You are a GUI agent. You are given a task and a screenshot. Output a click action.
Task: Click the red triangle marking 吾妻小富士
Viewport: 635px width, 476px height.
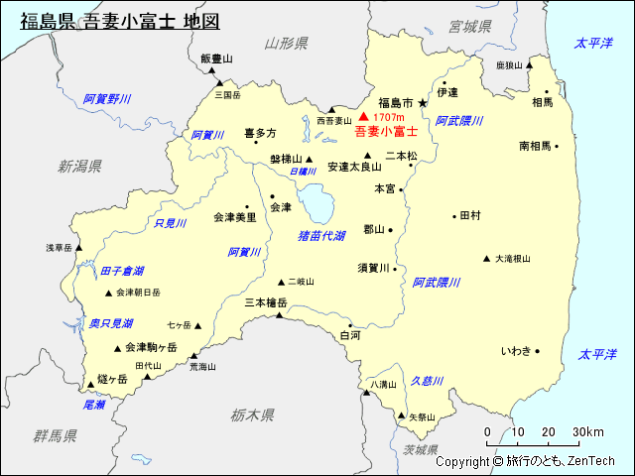point(363,117)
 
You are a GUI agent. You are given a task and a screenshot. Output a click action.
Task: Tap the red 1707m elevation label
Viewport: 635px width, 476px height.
point(389,118)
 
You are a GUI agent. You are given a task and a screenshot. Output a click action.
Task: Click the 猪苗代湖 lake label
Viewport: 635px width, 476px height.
point(321,236)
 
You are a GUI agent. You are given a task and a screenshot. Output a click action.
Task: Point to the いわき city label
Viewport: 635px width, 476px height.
point(515,351)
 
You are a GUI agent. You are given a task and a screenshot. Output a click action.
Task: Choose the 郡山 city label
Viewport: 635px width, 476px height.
point(373,229)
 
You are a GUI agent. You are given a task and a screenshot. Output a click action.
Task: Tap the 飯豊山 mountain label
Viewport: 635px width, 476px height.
point(215,59)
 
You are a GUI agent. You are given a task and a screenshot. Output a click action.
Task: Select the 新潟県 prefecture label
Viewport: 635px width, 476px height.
point(79,166)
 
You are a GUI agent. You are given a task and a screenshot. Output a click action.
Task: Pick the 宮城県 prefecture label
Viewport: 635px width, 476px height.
point(470,25)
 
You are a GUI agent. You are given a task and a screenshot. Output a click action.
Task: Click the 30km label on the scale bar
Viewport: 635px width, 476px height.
point(588,431)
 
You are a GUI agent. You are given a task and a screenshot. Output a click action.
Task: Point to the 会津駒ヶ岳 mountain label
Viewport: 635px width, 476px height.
point(151,347)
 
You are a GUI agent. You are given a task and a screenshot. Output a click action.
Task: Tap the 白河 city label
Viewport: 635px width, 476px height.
point(349,336)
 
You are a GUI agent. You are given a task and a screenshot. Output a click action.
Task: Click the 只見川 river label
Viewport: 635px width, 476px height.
point(170,224)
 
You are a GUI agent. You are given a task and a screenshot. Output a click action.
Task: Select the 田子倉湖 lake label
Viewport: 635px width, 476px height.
point(121,271)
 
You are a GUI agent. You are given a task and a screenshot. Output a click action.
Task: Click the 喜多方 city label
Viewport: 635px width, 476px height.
point(260,133)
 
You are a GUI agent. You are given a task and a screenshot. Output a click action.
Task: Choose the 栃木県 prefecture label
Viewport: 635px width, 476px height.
point(251,414)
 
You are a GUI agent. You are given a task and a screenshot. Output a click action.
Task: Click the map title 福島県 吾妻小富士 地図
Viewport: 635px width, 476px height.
point(120,21)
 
